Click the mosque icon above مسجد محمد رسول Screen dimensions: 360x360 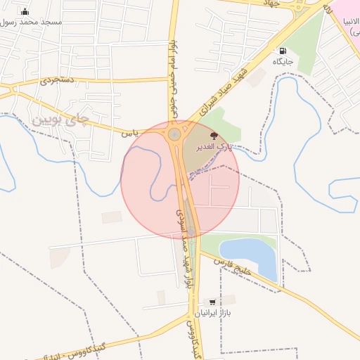click(x=25, y=11)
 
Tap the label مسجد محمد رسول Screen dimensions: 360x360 click(x=31, y=22)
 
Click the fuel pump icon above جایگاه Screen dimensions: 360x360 click(x=283, y=51)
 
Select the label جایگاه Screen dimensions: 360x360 click(x=283, y=62)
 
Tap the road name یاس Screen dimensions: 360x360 click(x=128, y=132)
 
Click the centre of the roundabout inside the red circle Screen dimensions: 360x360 click(x=174, y=134)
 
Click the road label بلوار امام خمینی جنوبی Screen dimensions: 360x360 click(x=171, y=77)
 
